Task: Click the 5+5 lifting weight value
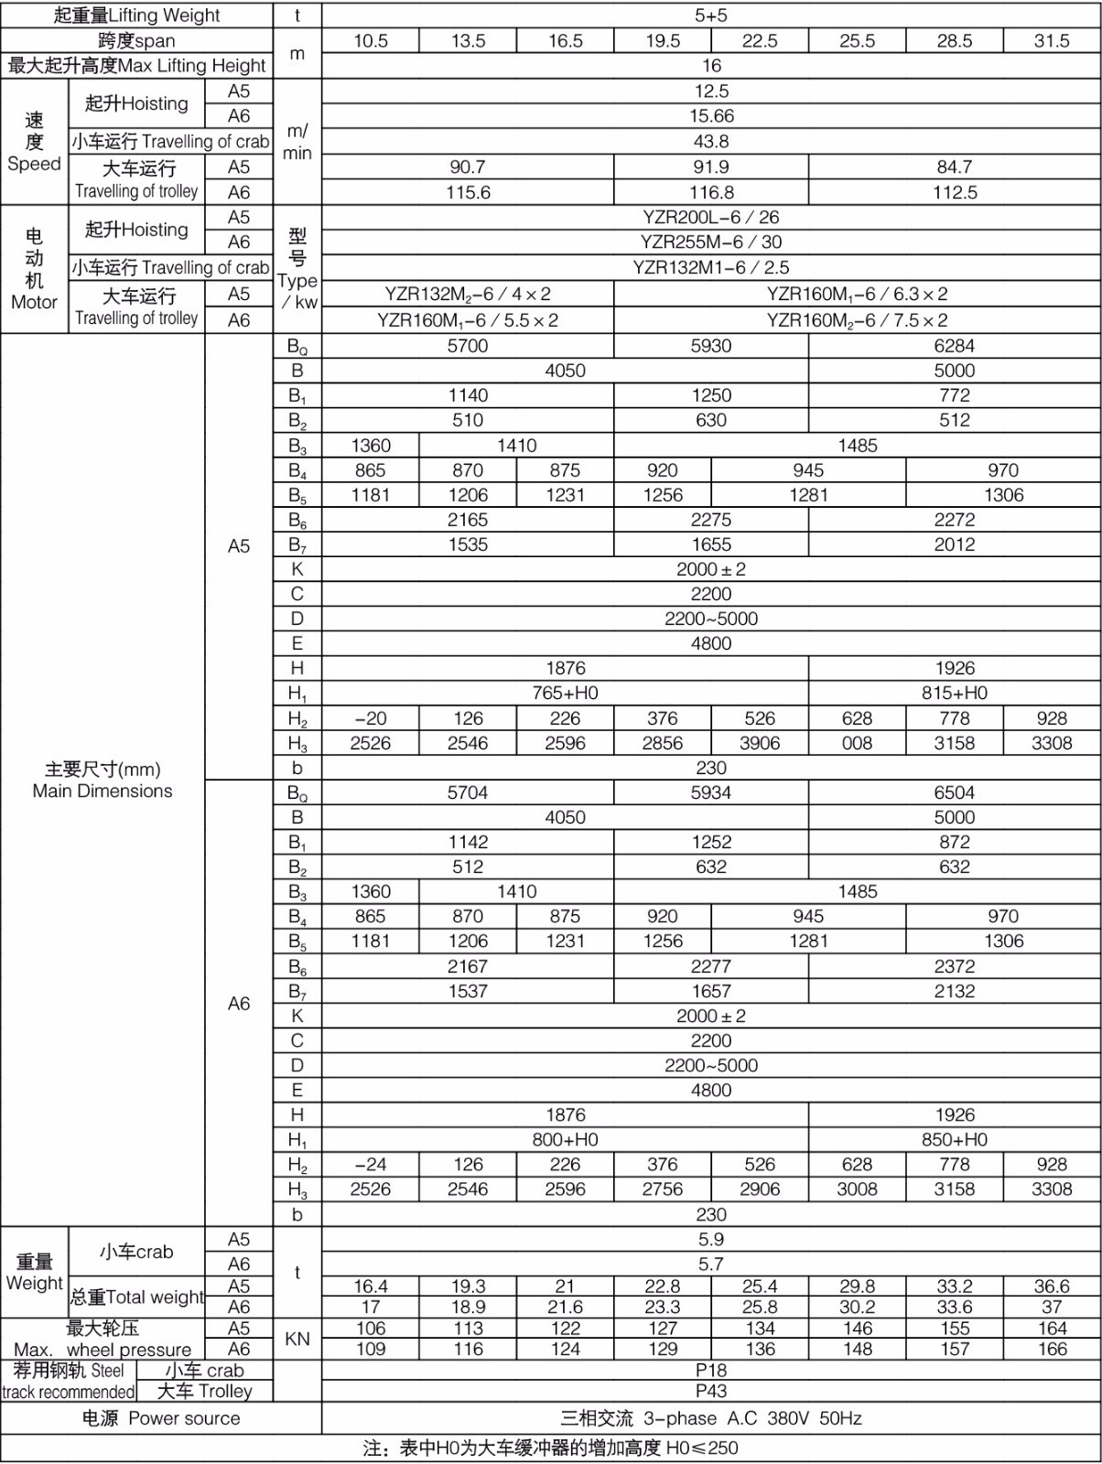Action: click(x=711, y=16)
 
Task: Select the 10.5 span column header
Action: click(x=371, y=41)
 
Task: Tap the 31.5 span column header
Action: click(x=1052, y=41)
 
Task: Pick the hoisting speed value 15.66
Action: click(x=711, y=116)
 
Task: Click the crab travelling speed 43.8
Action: click(x=711, y=142)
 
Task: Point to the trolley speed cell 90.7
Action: click(x=468, y=167)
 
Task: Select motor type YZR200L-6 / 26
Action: click(x=711, y=218)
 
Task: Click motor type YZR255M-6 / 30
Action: click(x=711, y=242)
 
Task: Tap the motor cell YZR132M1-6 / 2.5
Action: click(x=711, y=268)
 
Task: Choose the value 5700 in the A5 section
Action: click(x=468, y=346)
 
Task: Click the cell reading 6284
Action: click(x=955, y=346)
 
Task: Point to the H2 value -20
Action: click(x=371, y=719)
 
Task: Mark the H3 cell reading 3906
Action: click(x=760, y=744)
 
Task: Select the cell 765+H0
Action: click(x=565, y=694)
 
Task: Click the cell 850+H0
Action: click(x=955, y=1140)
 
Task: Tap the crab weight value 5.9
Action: click(x=711, y=1240)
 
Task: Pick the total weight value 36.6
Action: click(x=1052, y=1286)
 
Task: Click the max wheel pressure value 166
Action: click(x=1052, y=1350)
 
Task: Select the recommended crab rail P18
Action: click(x=711, y=1371)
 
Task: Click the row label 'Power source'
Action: click(x=161, y=1419)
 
